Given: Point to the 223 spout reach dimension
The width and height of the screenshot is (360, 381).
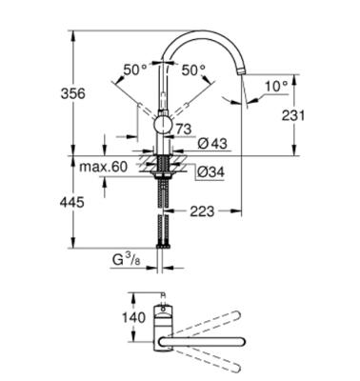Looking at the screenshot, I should (202, 211).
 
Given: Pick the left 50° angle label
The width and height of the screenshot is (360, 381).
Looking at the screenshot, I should (135, 70).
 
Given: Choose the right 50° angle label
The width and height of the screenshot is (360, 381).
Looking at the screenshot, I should (193, 70).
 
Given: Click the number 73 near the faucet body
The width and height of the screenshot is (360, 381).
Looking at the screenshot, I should (184, 128).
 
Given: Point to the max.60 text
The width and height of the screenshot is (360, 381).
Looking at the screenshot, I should (104, 168).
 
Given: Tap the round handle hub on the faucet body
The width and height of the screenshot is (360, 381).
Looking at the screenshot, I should (162, 124).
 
